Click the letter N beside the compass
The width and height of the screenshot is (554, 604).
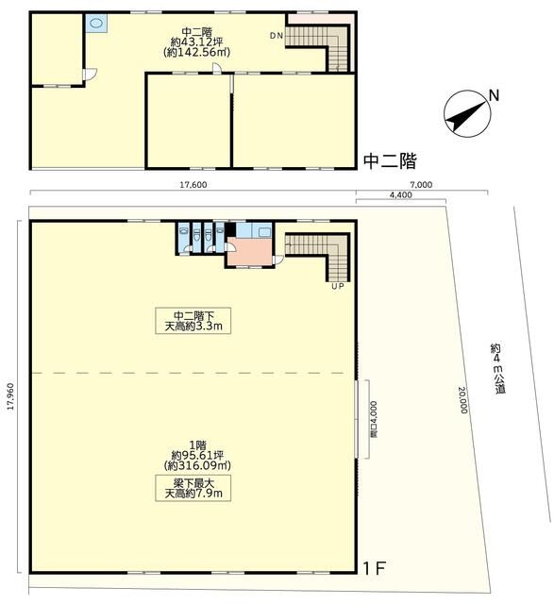coord(494,95)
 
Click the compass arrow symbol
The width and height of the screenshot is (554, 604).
coord(467,113)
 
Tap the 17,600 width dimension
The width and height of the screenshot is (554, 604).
coord(193,185)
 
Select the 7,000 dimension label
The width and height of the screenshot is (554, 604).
coord(422,185)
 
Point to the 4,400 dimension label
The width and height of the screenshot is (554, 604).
coord(401,195)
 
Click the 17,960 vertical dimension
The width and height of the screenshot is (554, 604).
coord(10,396)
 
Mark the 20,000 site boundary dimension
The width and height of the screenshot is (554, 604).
coord(462,400)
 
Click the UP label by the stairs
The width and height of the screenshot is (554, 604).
coord(338,287)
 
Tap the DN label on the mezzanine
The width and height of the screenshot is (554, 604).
coord(277,36)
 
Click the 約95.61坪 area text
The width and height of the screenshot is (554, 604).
coord(197,455)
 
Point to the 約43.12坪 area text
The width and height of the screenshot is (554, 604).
coord(197,42)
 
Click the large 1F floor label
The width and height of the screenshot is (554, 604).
coord(375,568)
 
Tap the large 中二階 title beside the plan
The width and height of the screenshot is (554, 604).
coord(391,161)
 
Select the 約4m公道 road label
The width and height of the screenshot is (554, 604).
coord(498,368)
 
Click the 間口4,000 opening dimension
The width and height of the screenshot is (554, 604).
coord(374,419)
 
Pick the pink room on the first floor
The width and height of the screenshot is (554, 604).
coord(250,251)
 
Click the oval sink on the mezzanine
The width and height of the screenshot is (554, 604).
coord(96,24)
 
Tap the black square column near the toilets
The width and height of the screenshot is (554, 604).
coord(230,230)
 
